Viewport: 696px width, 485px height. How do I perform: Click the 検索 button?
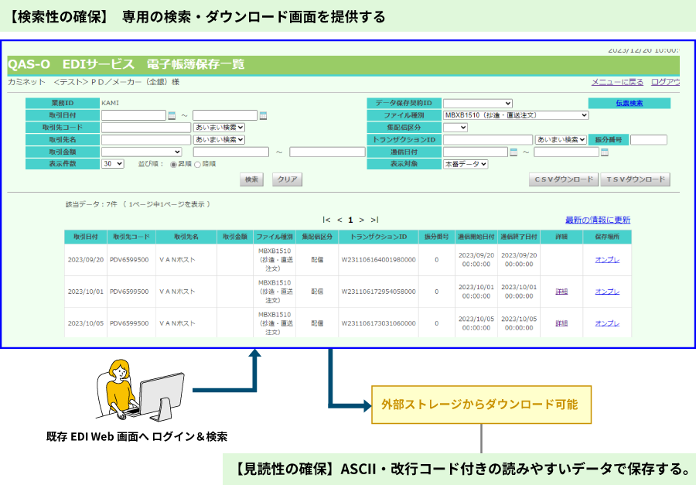coord(251,179)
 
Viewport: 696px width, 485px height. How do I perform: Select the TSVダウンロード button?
coord(635,179)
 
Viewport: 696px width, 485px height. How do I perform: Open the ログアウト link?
coord(666,81)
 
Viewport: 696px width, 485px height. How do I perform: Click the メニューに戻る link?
coord(617,81)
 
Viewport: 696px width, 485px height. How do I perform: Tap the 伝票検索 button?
coord(629,103)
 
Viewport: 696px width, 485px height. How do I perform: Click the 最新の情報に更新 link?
coord(597,220)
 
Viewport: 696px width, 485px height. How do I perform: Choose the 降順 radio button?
coord(197,164)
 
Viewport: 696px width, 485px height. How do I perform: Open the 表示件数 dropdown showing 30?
coord(112,164)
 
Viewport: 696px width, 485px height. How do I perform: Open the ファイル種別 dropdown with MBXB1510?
coord(516,115)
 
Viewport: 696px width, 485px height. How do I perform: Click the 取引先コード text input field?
coord(145,128)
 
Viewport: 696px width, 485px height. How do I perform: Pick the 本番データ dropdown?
coord(466,164)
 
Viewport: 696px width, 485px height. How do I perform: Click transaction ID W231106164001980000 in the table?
coord(377,260)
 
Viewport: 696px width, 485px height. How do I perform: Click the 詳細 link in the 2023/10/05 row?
coord(561,323)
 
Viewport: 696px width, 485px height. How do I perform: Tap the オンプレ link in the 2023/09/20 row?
coord(607,260)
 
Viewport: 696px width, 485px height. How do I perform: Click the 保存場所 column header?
coord(607,237)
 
